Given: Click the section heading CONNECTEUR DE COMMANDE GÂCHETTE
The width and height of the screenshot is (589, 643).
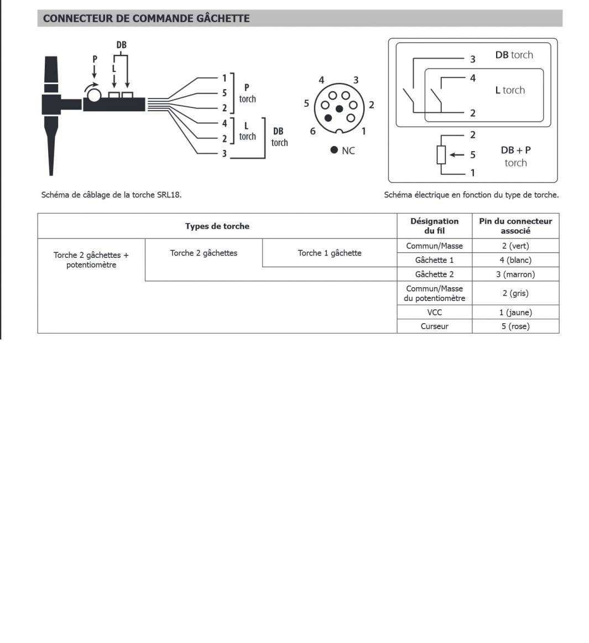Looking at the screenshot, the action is coord(147,18).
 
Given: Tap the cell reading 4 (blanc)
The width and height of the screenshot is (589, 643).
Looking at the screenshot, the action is coord(515,260).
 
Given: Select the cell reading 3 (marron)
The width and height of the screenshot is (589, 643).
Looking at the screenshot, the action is coord(515,274).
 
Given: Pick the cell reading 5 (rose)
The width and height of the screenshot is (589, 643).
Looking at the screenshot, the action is coord(515,326).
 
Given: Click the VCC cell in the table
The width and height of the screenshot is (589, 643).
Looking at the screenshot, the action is coord(435,312).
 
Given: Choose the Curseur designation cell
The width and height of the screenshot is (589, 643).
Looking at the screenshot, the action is coord(435,326).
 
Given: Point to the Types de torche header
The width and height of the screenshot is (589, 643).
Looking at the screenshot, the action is coord(217,226).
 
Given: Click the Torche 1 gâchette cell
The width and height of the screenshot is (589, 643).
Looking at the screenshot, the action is coord(330,253).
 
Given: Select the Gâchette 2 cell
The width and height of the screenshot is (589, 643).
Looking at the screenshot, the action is coord(435,274).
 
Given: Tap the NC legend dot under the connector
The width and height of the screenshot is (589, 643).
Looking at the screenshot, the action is coord(334,150).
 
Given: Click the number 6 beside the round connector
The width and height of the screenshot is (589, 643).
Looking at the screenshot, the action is coord(312,131).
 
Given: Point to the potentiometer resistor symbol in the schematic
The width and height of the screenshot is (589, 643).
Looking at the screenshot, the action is coord(441,154).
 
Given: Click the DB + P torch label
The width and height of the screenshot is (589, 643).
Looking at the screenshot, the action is coord(515,156).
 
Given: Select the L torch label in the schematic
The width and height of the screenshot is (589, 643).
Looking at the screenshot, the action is coord(510,90).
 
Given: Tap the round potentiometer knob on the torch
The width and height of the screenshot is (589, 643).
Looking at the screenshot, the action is coord(93,95).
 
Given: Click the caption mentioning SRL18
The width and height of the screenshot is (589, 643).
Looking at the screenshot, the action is coord(111,195).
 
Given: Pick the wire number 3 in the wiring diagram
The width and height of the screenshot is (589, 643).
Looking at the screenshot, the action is coord(224,153).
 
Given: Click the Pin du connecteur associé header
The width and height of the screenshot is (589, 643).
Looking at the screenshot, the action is coord(515,226).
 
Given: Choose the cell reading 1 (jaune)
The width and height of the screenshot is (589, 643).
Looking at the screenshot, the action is coord(515,312).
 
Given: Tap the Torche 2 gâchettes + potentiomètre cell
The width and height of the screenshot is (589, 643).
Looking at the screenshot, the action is coord(91,260).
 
